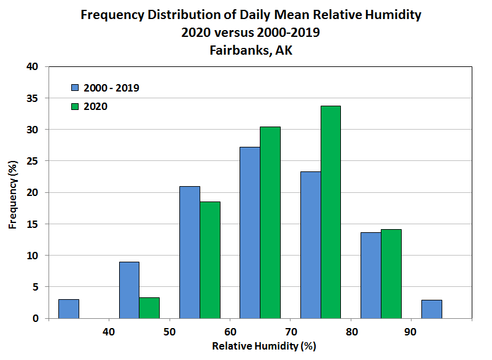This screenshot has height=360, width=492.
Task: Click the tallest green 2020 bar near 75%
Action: coord(330,212)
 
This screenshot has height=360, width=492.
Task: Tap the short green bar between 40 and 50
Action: coord(149,308)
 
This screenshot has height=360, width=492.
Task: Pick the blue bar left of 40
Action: coord(68,308)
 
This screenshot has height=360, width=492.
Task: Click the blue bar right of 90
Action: coord(431,309)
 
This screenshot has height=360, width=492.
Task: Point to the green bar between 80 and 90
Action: coord(391,273)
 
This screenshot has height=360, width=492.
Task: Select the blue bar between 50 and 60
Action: coord(189,252)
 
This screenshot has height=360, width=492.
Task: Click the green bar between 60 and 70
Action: coord(270,222)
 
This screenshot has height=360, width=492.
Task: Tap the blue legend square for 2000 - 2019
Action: coord(75,88)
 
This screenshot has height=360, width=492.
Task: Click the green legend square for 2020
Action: coord(75,106)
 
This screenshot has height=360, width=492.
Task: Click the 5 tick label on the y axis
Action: coord(36,287)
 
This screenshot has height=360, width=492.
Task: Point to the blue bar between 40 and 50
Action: coord(129,290)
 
